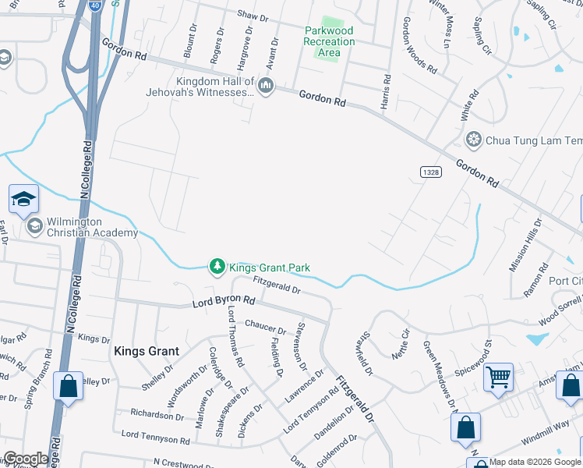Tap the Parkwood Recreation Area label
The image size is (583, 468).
pyautogui.click(x=328, y=41)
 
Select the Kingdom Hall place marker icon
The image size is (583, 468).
pyautogui.click(x=266, y=86)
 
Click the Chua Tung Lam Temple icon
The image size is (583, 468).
pyautogui.click(x=472, y=140)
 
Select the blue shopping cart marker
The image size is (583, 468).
pyautogui.click(x=498, y=378)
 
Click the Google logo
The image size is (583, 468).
pyautogui.click(x=25, y=459)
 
